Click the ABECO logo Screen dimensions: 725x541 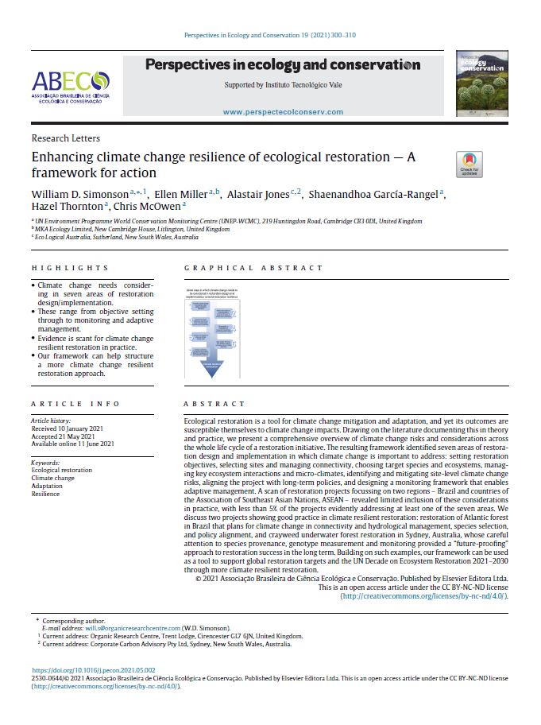tap(70, 86)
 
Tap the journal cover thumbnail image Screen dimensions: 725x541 tap(482, 83)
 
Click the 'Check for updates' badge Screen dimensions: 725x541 tap(470, 165)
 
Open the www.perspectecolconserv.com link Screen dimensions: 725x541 tap(283, 112)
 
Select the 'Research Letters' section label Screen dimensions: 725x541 tap(60, 138)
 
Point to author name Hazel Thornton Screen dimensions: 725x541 tap(68, 207)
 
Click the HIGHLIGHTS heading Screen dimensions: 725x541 tap(70, 268)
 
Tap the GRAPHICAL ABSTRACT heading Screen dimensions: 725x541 tap(254, 268)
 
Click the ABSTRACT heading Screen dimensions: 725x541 tap(214, 404)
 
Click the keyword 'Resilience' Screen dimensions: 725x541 tap(45, 494)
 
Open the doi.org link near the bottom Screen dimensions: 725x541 tap(94, 670)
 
